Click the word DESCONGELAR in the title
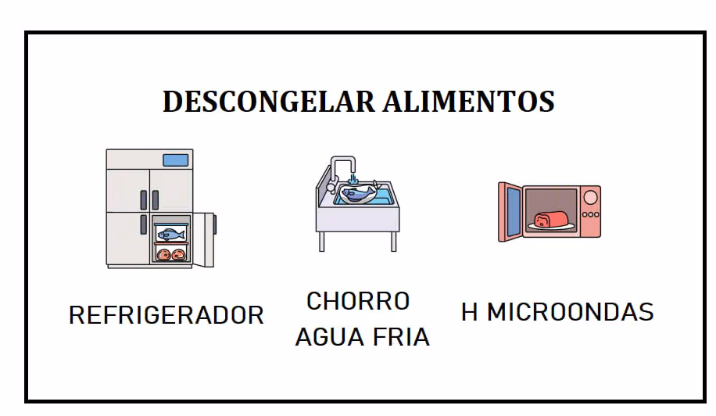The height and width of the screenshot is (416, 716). click(x=269, y=102)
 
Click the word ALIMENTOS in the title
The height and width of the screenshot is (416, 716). click(x=469, y=102)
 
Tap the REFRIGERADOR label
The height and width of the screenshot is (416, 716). click(x=166, y=315)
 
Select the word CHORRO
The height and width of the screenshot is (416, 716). click(x=358, y=301)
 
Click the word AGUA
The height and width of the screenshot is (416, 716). click(x=330, y=338)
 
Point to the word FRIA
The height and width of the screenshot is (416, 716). click(x=401, y=338)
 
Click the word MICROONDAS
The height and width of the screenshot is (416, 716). click(x=571, y=312)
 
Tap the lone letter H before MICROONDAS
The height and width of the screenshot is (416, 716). click(x=470, y=312)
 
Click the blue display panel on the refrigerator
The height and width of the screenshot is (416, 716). click(x=176, y=160)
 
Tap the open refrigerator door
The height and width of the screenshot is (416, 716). click(x=204, y=239)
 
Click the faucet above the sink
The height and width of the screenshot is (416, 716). click(x=343, y=168)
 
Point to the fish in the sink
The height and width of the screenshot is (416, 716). click(x=359, y=192)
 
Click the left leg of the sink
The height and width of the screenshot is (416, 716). click(x=321, y=242)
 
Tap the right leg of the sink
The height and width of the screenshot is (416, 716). click(x=394, y=242)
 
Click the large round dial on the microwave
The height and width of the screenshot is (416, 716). click(x=590, y=198)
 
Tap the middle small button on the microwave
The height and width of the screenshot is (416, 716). click(x=590, y=214)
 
